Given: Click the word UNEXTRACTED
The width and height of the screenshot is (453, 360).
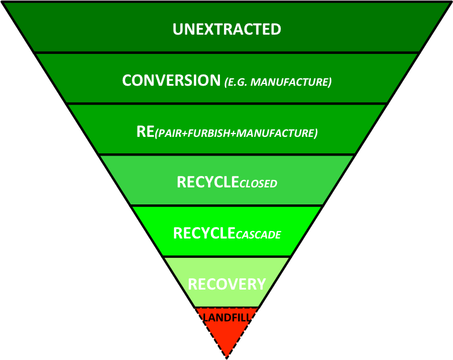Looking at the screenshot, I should coord(227,29).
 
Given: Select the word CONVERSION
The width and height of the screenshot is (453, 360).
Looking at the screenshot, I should coord(171,80).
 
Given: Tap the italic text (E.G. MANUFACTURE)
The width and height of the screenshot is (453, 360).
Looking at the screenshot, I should coord(277,82).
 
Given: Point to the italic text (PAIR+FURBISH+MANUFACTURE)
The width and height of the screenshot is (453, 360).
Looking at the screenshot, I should coord(235,134).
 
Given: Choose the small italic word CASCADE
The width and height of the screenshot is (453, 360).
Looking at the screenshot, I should coord(259,235).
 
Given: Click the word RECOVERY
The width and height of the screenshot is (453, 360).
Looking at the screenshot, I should coord(227,283).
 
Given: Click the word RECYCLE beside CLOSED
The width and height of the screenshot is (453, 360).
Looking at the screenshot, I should coord(207,182).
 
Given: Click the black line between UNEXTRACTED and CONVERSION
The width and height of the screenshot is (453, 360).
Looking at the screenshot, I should coord(227,53).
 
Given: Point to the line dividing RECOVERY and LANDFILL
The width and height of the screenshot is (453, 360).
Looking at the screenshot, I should coord(227,308).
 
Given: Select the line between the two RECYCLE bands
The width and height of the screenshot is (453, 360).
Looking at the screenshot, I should coord(227,206).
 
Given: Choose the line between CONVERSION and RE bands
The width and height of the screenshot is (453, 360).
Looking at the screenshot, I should coord(227,103).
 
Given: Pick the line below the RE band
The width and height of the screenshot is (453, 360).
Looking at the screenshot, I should coord(227,154).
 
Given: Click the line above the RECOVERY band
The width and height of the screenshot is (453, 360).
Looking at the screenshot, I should coord(227,257).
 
